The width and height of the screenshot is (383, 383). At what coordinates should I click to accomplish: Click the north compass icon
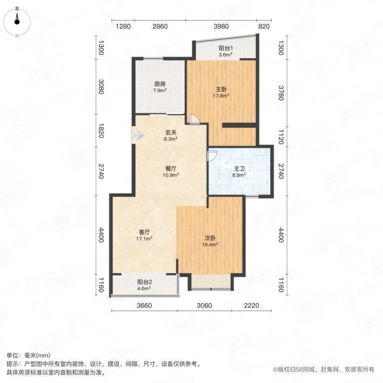[x=17, y=21]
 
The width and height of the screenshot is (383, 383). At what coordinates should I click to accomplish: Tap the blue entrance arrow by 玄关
[x=137, y=135]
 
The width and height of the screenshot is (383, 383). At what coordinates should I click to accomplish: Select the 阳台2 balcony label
[x=144, y=283]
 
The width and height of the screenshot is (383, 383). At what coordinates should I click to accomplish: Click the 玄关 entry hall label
[x=170, y=133]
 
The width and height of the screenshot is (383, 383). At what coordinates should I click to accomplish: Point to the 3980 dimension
[x=221, y=26]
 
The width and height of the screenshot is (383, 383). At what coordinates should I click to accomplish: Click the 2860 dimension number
[x=160, y=26]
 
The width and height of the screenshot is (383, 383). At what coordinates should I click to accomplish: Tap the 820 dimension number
[x=264, y=26]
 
